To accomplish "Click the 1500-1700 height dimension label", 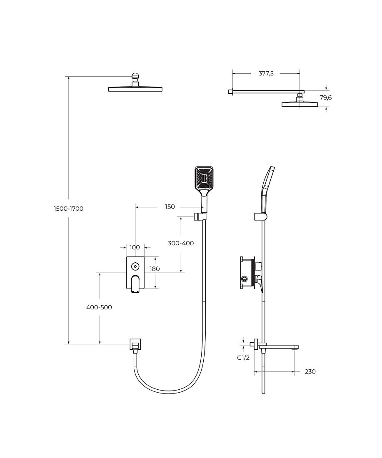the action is (x=69, y=209).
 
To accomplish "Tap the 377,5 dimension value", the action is (x=266, y=74).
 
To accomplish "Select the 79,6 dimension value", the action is (x=326, y=97).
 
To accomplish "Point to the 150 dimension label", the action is (x=170, y=207).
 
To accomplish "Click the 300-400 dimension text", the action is (x=181, y=243).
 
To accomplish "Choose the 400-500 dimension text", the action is (x=99, y=307).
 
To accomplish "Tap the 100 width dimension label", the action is (x=135, y=247).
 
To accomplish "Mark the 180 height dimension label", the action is (x=155, y=269).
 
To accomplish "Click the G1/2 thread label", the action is (x=243, y=358).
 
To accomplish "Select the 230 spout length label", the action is (x=310, y=371).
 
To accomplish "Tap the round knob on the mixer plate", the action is (x=135, y=266).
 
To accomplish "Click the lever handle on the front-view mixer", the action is (x=135, y=284).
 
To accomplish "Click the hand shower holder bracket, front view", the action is (x=200, y=217).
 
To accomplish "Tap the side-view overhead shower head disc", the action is (x=300, y=104).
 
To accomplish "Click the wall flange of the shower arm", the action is (x=230, y=92).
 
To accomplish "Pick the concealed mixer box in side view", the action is (x=247, y=273).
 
